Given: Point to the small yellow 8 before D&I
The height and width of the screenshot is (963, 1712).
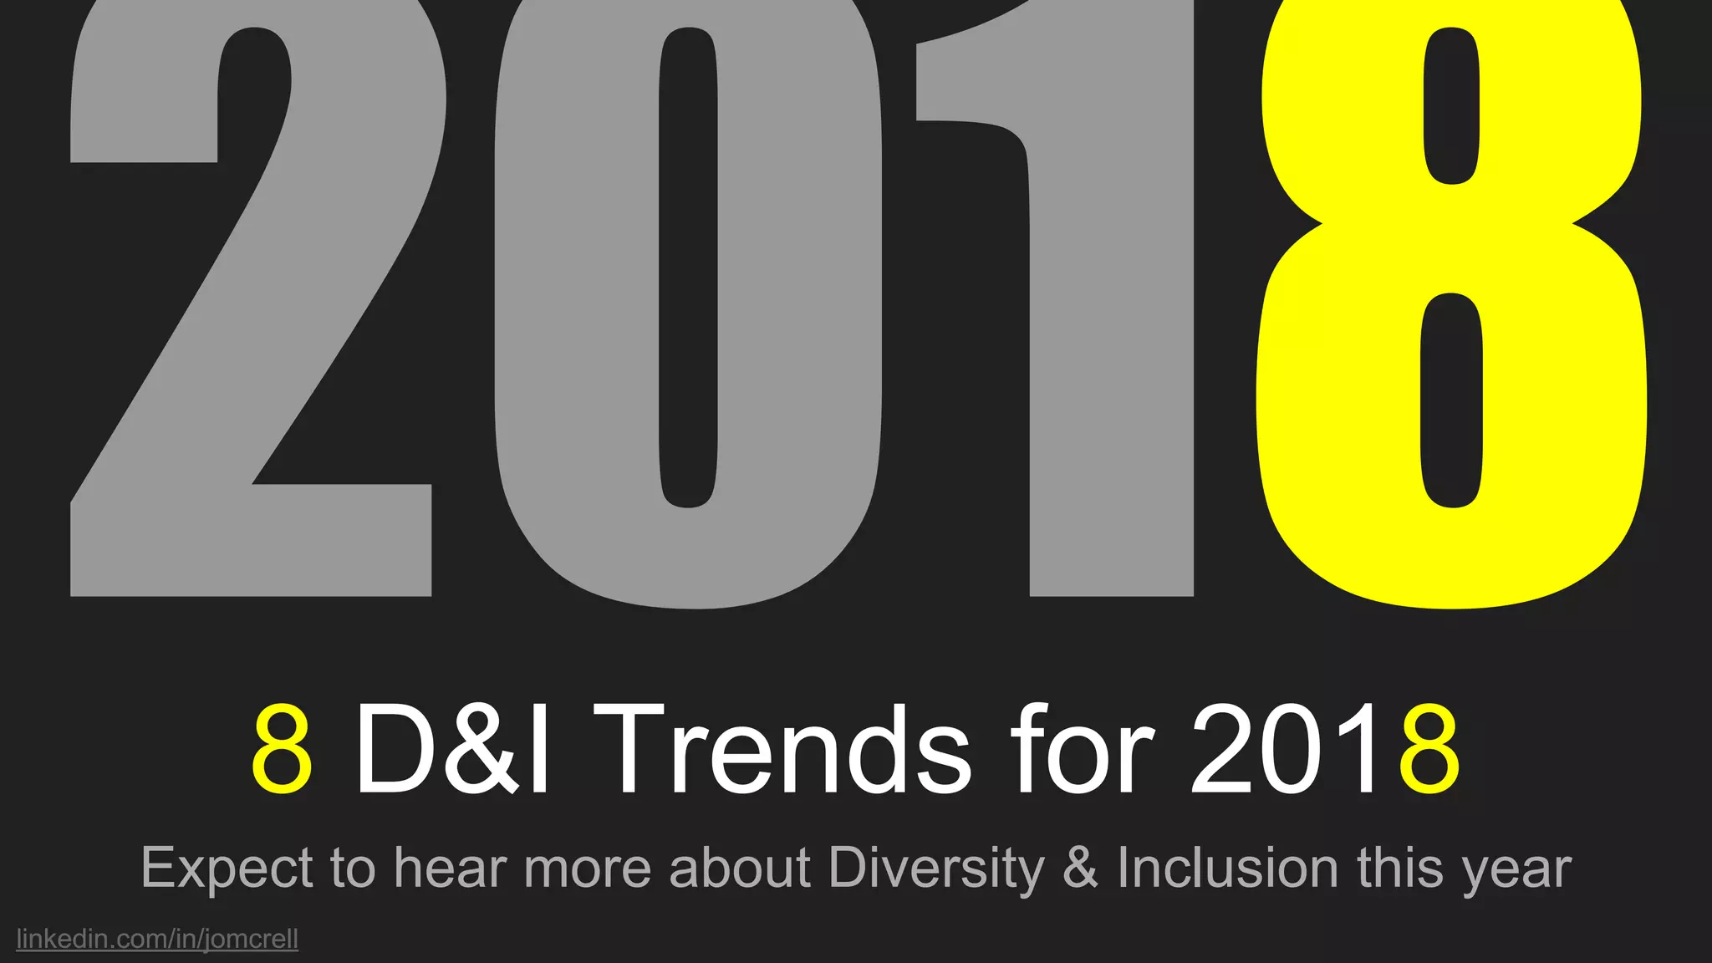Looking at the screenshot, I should coord(283,750).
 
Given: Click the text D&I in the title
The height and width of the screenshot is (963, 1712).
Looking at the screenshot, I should coord(452,750).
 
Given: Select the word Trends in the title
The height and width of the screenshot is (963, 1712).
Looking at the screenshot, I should coord(794,750).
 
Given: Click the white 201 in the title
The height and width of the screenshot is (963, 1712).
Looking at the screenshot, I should coord(1283,750).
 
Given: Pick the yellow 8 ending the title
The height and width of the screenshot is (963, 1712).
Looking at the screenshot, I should coord(1430,750).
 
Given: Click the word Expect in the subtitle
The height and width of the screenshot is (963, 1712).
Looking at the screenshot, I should coord(227,869).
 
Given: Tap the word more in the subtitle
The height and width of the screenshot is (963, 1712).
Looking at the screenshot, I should coord(588,869).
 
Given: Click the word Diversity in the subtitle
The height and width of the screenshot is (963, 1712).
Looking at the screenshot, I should coord(936,869).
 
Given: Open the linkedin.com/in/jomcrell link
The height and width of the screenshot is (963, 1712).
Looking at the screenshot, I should coord(157,939).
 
